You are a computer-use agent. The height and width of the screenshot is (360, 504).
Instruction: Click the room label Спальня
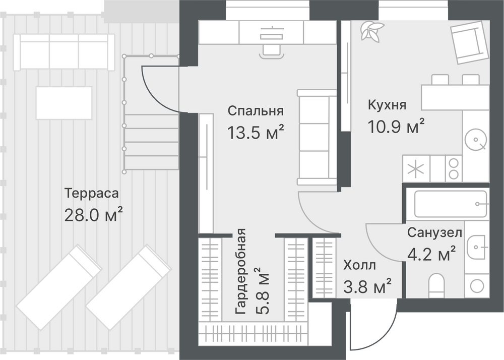tap(256, 111)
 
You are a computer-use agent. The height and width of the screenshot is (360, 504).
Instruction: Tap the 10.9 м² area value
tap(396, 126)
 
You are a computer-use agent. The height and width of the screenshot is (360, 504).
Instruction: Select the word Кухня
tap(387, 105)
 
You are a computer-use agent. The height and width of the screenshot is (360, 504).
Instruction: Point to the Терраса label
tap(92, 194)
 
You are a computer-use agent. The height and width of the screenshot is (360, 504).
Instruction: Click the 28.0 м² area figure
tap(94, 215)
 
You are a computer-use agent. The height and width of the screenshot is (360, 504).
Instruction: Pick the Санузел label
tap(434, 232)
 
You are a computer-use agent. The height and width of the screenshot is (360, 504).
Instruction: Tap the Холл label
tap(359, 266)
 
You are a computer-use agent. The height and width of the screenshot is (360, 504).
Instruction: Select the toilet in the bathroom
tap(436, 284)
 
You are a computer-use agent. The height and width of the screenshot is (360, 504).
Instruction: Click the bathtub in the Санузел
tap(451, 204)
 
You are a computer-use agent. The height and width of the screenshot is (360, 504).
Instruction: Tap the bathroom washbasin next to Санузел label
tap(477, 247)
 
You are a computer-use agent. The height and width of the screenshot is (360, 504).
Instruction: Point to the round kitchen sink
tap(476, 140)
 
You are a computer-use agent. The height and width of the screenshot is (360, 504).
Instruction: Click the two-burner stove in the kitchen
tap(454, 168)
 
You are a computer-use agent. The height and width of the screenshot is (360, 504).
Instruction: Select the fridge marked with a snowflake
tap(416, 168)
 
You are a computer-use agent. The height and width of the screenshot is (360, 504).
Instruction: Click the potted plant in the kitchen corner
tap(371, 31)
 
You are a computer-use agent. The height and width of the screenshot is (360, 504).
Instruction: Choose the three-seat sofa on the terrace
tap(64, 52)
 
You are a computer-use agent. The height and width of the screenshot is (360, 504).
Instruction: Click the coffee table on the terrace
tap(64, 103)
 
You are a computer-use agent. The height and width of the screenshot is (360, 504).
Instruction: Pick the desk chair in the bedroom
tap(272, 51)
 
